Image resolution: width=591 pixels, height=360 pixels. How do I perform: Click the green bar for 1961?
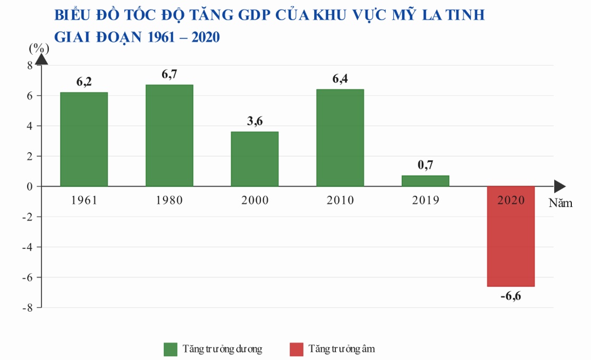point(84,139)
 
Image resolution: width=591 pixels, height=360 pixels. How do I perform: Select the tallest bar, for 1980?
point(169,135)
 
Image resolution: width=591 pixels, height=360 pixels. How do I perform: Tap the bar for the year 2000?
point(255,158)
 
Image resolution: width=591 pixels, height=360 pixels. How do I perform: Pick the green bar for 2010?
point(340,138)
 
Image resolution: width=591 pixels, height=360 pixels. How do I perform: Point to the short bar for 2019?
point(426,181)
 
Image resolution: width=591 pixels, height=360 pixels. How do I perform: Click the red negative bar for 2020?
point(511,236)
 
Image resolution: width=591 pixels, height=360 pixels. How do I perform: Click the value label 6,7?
point(169,74)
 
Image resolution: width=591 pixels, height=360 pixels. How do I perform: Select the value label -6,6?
point(511,296)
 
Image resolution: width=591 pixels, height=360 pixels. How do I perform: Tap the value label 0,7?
point(426,165)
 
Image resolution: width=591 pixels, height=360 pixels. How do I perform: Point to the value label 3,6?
point(255,121)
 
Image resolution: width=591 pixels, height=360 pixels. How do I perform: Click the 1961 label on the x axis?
point(84,200)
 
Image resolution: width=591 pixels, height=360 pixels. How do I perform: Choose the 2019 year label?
point(426,200)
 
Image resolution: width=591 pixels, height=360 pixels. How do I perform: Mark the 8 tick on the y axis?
point(30,65)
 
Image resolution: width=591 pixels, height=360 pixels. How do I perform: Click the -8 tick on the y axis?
point(28,308)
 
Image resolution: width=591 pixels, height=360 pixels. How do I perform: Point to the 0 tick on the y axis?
point(30,187)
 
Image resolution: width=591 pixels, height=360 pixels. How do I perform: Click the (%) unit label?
point(39,48)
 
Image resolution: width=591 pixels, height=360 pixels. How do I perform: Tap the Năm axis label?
point(561,203)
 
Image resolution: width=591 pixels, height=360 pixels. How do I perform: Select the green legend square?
point(171,349)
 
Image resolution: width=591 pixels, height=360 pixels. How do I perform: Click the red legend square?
point(296,349)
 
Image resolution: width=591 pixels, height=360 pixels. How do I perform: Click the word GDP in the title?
point(254,15)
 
